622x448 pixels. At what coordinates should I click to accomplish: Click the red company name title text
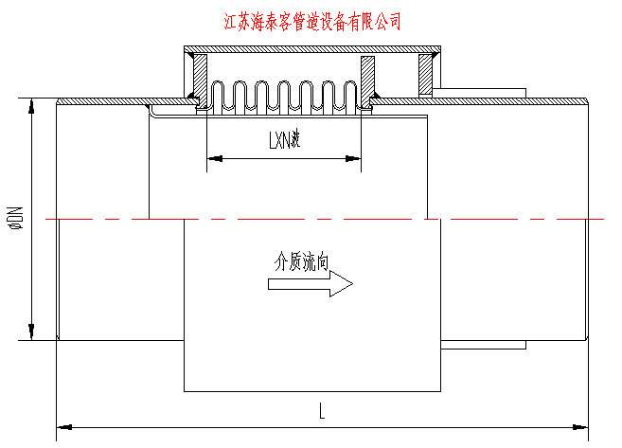coord(310,21)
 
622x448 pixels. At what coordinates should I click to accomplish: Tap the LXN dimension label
coord(283,142)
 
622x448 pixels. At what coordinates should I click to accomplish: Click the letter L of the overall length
coord(322,411)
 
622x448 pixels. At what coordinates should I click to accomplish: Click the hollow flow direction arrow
coord(313,284)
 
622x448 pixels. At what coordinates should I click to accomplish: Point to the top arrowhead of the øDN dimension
coord(33,105)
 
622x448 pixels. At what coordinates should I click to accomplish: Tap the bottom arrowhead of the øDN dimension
coord(33,332)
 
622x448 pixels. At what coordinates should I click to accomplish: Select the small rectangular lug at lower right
coord(483,344)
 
